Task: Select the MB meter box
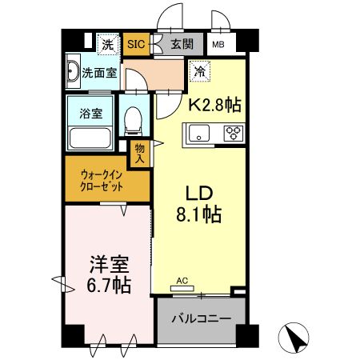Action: pos(218,46)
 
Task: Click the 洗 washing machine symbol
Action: pos(106,45)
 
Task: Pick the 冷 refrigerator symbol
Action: pos(198,71)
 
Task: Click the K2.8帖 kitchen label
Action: pos(214,104)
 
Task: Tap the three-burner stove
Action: pos(234,134)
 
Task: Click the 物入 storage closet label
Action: pos(139,153)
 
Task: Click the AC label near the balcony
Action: pos(182,281)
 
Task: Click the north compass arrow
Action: pos(296,338)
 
